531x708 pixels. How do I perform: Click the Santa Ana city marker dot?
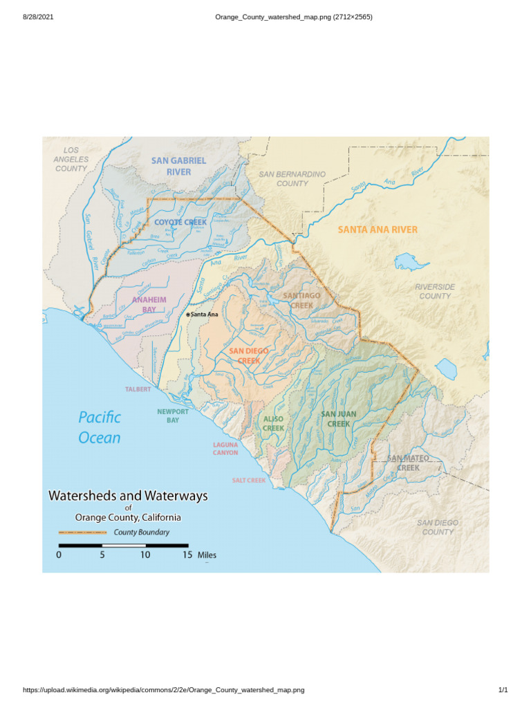pos(188,315)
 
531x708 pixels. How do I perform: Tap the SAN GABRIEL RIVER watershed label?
pos(178,166)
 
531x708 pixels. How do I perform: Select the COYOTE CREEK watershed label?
pos(180,222)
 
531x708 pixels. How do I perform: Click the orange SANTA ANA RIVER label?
pos(378,229)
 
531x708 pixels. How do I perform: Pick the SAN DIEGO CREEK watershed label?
pos(248,355)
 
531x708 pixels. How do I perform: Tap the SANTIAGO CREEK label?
pos(301,300)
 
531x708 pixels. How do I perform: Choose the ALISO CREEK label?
pos(273,424)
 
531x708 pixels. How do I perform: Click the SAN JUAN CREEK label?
pos(339,419)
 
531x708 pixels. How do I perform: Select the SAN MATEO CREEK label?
pos(408,463)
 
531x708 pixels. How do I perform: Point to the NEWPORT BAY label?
pos(172,416)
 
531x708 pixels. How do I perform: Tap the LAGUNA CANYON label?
pos(225,448)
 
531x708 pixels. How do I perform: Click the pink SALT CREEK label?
pos(249,480)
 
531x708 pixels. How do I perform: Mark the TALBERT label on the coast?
pos(138,389)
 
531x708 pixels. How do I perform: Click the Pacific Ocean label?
pos(100,427)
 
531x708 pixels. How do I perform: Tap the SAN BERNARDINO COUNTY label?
pos(292,179)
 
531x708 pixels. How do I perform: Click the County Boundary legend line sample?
pos(83,532)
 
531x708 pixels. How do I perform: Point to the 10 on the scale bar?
pos(145,555)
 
